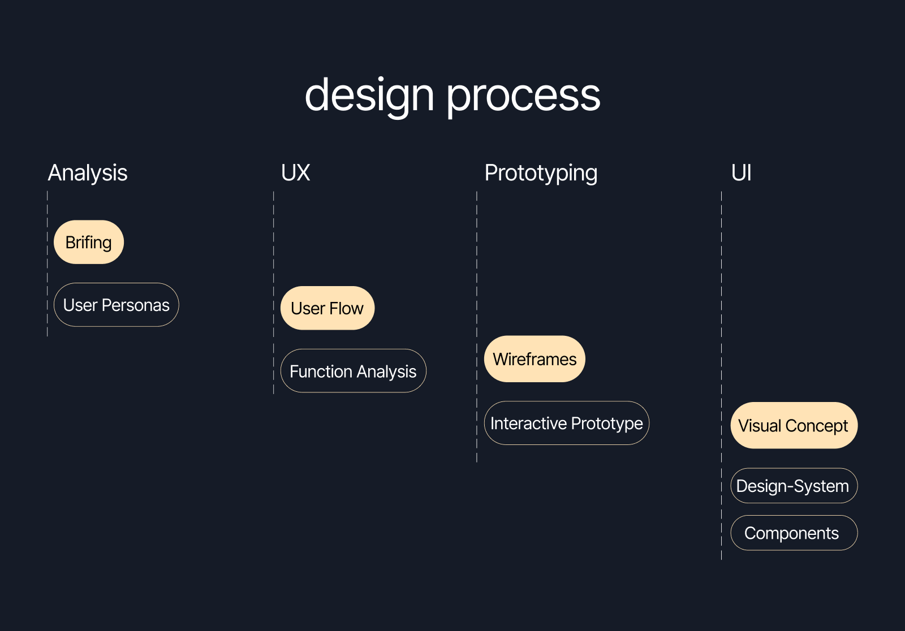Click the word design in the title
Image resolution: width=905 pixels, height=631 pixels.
369,95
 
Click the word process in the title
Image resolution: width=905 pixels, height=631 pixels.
523,95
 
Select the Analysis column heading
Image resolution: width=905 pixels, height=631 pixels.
88,173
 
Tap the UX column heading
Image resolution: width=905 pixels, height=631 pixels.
295,173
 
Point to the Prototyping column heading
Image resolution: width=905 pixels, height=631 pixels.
541,173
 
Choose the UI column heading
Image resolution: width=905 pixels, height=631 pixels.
741,173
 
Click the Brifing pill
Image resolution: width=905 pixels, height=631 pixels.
89,242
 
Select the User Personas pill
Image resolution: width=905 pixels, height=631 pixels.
117,305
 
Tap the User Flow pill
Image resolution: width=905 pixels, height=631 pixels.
327,308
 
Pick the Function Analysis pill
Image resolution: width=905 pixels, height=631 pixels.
353,371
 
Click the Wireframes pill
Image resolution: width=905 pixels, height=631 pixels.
535,359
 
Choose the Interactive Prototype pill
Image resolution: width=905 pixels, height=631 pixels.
566,423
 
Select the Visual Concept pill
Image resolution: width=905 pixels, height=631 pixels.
794,425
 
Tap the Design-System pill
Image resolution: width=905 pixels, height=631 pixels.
794,486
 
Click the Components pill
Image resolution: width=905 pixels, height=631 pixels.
794,533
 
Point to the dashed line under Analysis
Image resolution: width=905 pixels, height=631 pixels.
48,266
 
